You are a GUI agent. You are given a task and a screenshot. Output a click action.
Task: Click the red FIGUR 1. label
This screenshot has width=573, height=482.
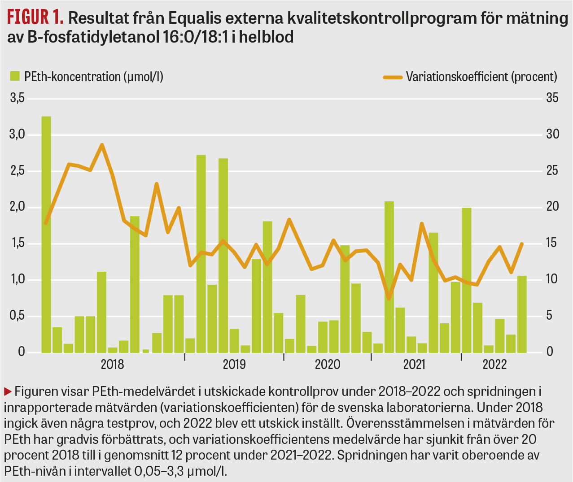(x=35, y=17)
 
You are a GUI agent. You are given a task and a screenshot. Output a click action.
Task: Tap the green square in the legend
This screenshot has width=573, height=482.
(x=15, y=76)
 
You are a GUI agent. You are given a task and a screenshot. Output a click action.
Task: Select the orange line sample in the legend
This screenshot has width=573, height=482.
(x=393, y=77)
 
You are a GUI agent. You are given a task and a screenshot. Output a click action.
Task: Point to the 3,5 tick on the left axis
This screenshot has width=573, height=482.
(x=17, y=98)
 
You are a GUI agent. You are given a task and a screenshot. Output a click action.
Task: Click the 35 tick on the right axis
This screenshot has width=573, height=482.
(x=552, y=98)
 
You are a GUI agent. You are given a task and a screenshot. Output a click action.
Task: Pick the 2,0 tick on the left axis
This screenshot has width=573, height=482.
(x=17, y=208)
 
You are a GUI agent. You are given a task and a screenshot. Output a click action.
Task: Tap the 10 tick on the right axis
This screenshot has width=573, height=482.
(x=552, y=280)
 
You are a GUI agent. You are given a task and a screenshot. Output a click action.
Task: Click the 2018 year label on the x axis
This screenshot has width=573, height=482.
(x=112, y=364)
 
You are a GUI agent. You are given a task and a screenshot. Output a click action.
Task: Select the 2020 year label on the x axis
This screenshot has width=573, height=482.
(x=328, y=364)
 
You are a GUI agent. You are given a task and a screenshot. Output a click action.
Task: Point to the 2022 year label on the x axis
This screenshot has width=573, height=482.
(x=494, y=364)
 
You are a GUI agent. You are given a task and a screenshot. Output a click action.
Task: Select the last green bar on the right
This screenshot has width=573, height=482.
(x=522, y=314)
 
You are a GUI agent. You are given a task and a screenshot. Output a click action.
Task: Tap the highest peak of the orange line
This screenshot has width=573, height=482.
(x=102, y=145)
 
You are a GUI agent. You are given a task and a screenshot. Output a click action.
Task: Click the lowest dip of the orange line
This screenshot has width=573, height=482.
(x=389, y=299)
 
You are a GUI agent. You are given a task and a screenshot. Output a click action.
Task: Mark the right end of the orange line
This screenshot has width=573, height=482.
(x=522, y=244)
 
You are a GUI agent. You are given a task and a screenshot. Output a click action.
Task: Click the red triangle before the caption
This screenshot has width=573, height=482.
(x=8, y=391)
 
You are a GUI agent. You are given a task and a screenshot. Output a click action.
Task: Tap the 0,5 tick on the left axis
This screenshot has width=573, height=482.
(x=17, y=316)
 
